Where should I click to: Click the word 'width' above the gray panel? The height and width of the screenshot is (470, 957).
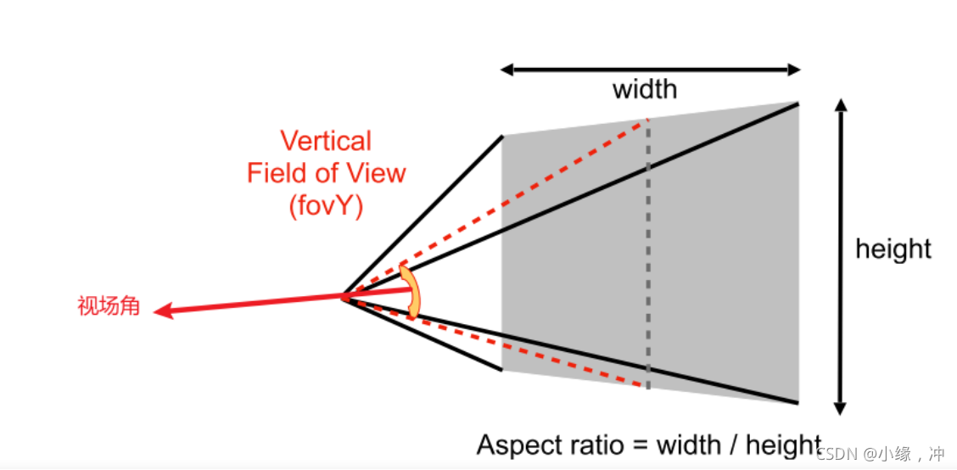(x=645, y=88)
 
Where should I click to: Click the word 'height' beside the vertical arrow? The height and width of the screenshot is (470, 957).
(x=893, y=249)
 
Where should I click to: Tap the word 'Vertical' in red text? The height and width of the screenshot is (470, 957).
(x=326, y=141)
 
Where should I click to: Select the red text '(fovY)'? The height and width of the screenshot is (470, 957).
(x=326, y=204)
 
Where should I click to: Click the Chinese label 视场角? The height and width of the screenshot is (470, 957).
(x=108, y=306)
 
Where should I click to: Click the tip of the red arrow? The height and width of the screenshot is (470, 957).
(x=158, y=311)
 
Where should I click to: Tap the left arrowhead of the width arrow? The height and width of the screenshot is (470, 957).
(x=504, y=70)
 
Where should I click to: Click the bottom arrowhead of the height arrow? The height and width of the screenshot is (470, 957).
(x=840, y=409)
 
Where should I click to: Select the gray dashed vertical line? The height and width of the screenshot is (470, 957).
(x=648, y=255)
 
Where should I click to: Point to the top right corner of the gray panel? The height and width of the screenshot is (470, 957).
(x=798, y=103)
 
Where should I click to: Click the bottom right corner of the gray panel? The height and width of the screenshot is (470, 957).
(x=798, y=401)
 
